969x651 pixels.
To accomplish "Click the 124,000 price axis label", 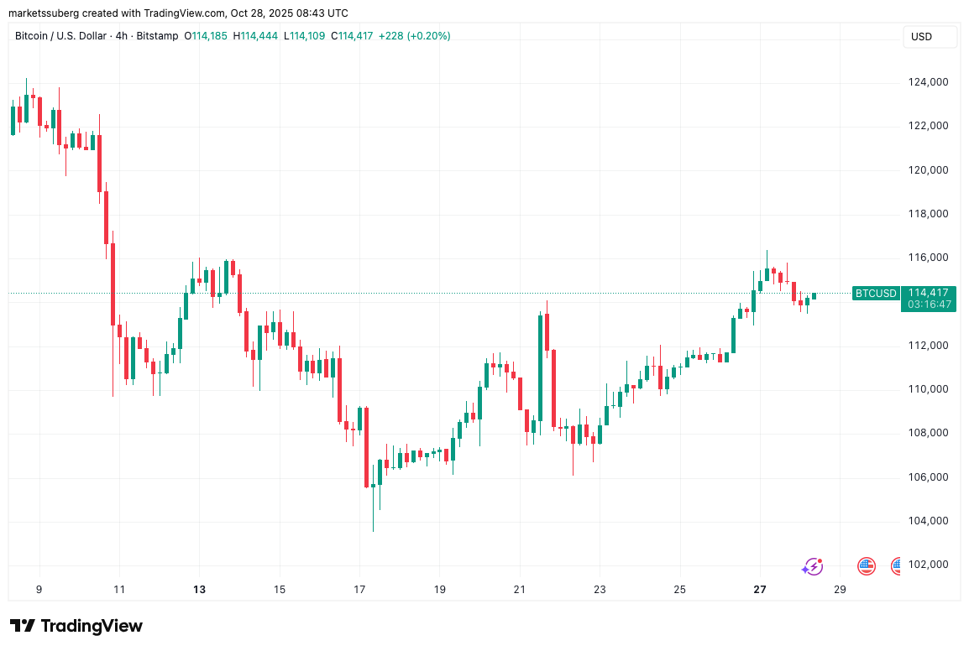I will (928, 82).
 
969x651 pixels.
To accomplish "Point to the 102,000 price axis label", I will (928, 565).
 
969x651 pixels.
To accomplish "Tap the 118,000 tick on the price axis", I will (928, 214).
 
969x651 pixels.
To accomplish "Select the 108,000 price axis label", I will (928, 433).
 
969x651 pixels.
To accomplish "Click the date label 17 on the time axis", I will (359, 590).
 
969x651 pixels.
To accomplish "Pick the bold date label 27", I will (760, 590).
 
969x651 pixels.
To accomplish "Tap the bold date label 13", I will (199, 590).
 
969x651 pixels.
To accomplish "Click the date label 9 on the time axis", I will (39, 590).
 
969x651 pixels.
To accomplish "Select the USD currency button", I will (921, 37).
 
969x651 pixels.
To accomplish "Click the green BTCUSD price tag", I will (875, 294).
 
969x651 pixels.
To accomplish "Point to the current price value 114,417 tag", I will (928, 293).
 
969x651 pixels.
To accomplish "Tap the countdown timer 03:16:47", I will (928, 305).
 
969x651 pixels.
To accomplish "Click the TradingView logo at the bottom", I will (76, 626).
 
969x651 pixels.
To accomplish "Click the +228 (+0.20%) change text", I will (414, 36).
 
